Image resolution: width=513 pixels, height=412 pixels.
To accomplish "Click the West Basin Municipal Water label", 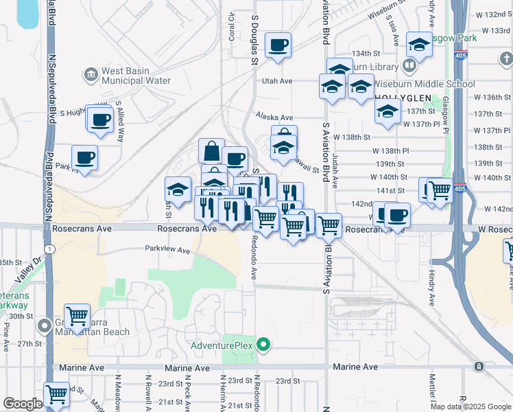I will point(135,76).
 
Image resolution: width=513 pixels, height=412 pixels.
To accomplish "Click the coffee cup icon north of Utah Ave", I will point(278,45).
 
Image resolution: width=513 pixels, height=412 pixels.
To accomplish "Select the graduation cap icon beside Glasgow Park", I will point(418,45).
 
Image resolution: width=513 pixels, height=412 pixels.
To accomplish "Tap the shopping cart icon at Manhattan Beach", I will point(77,317).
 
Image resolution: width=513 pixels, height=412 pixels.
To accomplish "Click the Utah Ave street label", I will point(278,81).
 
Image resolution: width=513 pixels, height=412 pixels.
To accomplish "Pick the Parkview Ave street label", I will point(167,251).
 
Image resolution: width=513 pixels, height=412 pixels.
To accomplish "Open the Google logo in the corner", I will point(23,404).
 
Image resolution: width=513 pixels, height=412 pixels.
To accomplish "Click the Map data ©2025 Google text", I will point(470,407).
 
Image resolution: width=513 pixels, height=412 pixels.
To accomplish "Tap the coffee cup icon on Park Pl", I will point(85,159).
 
